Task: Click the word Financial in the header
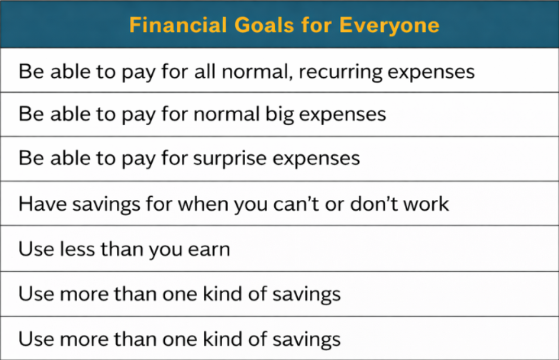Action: (x=178, y=25)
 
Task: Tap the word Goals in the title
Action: (x=264, y=25)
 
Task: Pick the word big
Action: (x=279, y=115)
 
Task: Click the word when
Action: (x=202, y=204)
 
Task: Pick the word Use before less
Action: (x=36, y=248)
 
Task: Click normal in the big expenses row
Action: (x=226, y=114)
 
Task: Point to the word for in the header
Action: (x=317, y=25)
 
